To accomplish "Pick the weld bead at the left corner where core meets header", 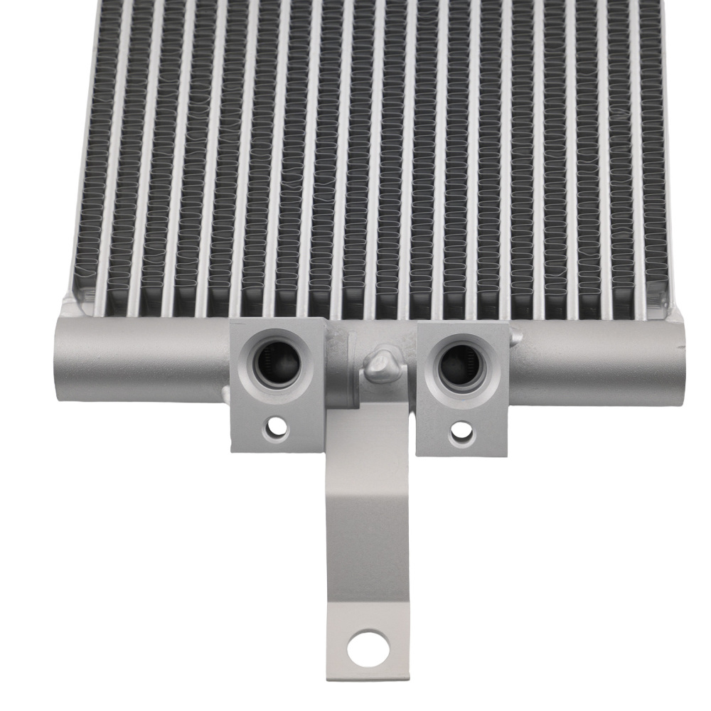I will coord(69,309).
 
